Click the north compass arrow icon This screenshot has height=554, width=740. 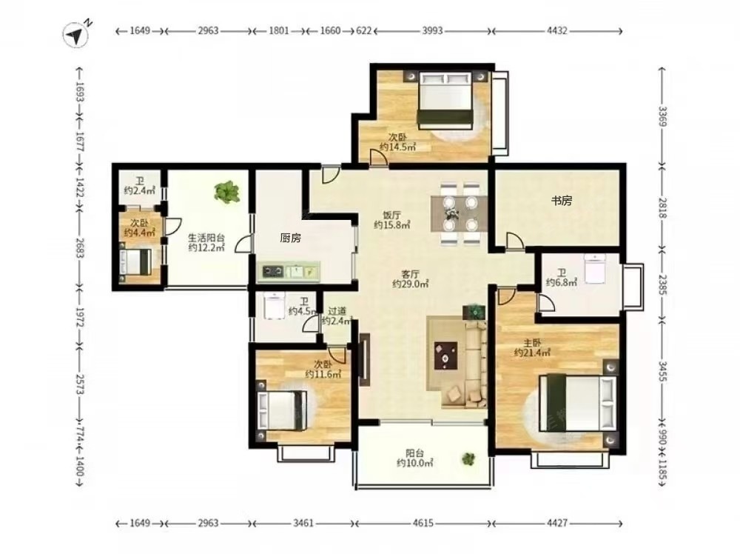[76, 35]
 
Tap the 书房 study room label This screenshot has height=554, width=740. [562, 201]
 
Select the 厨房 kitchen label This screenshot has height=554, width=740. [290, 238]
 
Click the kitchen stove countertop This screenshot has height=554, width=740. [291, 271]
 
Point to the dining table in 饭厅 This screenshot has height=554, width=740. [460, 213]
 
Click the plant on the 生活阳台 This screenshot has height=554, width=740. [227, 192]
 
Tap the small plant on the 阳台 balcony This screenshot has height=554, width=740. [468, 458]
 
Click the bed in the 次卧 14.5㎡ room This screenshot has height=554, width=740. [445, 100]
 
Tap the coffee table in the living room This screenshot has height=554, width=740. [445, 356]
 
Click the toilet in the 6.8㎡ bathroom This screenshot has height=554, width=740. [595, 268]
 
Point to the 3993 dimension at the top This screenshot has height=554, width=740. [432, 30]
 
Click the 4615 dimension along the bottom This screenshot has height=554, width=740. [423, 523]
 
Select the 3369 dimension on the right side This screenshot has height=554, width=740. [662, 116]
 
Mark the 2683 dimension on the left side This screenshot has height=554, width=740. [79, 247]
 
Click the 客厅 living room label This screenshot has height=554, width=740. [411, 274]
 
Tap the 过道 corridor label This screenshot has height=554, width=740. [337, 311]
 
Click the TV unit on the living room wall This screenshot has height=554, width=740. [364, 359]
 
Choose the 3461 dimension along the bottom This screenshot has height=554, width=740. [303, 523]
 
